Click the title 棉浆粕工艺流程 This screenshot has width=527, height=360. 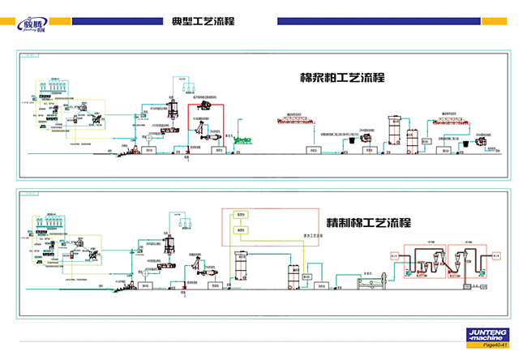coord(341,79)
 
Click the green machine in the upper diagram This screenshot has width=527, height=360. coord(265,141)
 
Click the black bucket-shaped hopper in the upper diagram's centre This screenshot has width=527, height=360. coord(375,139)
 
